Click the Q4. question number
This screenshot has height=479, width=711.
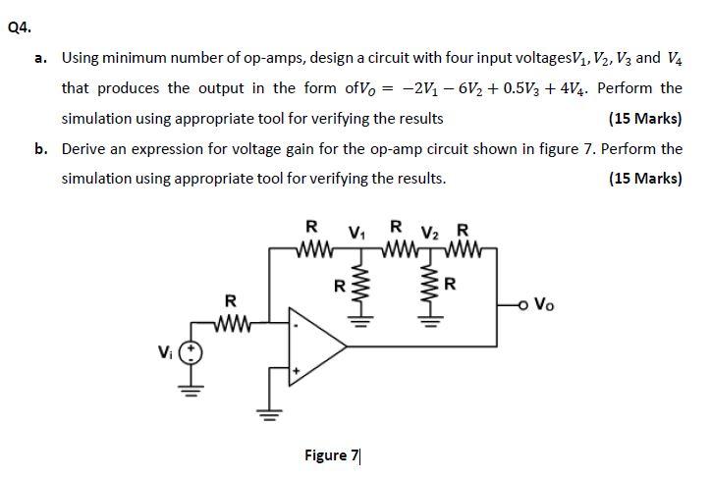(20, 28)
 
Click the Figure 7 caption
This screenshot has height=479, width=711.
(332, 454)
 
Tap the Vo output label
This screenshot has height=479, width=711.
(544, 304)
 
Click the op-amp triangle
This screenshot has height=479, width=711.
(317, 346)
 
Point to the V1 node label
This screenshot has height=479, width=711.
(356, 233)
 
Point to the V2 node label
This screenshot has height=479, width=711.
(430, 234)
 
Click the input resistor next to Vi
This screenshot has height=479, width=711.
(231, 323)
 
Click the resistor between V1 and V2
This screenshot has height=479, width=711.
(399, 248)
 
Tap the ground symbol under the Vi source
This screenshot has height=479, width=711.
(191, 390)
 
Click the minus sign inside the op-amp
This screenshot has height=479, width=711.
(296, 325)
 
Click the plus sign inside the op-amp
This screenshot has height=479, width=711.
(296, 371)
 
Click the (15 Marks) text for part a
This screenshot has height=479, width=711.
(645, 118)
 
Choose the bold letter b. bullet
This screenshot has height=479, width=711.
(41, 148)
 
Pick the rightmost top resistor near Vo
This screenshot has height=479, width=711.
(463, 248)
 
